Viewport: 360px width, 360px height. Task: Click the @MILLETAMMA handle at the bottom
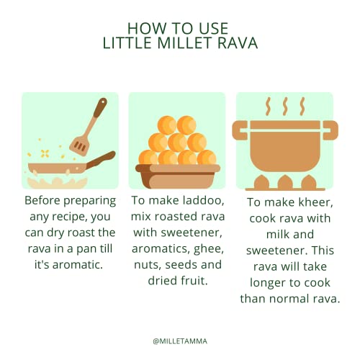pyautogui.click(x=180, y=341)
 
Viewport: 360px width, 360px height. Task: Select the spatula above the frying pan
pyautogui.click(x=89, y=127)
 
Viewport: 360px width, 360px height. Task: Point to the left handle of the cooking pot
pyautogui.click(x=240, y=130)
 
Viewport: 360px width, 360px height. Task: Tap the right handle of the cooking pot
pyautogui.click(x=330, y=130)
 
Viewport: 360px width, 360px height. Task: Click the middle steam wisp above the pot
pyautogui.click(x=285, y=106)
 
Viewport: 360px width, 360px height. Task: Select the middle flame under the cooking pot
pyautogui.click(x=285, y=182)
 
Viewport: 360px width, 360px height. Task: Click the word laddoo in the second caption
pyautogui.click(x=203, y=200)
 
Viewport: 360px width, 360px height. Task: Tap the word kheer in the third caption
pyautogui.click(x=315, y=202)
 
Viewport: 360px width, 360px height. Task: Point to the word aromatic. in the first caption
pyautogui.click(x=78, y=264)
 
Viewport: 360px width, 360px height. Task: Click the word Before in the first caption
pyautogui.click(x=42, y=200)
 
